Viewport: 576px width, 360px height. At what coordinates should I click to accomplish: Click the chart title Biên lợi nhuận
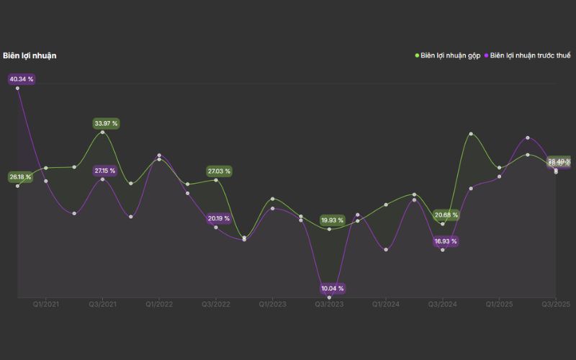coord(30,55)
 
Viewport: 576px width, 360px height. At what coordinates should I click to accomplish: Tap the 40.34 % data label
coord(22,79)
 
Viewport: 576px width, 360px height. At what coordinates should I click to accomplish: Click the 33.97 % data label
coord(106,124)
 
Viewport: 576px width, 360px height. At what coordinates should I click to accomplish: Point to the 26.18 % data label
coord(20,177)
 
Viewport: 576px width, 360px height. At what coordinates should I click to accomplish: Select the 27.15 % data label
coord(105,171)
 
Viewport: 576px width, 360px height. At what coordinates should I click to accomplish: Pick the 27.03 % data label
coord(219,171)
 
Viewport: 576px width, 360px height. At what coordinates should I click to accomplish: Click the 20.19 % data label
coord(219,218)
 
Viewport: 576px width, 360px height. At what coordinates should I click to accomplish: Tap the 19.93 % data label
coord(333,220)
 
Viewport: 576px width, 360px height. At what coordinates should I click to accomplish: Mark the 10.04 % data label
coord(333,289)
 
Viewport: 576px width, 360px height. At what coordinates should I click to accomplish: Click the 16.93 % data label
coord(446,242)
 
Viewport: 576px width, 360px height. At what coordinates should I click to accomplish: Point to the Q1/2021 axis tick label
coord(46,305)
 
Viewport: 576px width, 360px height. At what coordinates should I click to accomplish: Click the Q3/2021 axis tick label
coord(103,305)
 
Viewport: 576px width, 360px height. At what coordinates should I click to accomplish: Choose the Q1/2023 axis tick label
coord(273,305)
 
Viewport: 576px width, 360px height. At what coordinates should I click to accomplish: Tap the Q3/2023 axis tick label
coord(330,305)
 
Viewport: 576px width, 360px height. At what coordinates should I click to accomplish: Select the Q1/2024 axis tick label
coord(387,305)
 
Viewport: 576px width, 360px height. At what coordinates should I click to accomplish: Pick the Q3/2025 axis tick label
coord(556,305)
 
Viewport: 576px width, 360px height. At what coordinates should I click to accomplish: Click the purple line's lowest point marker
coord(330,297)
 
